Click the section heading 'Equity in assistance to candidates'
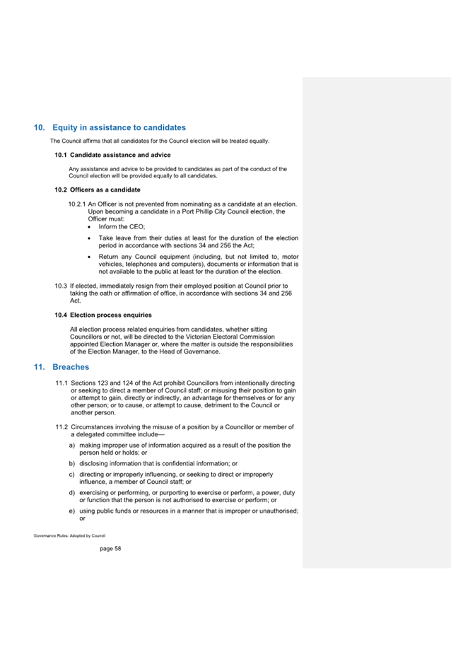pos(119,128)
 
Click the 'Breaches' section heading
pos(71,367)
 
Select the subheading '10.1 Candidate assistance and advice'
pos(112,154)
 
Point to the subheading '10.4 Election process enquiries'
pos(103,315)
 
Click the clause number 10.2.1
pos(76,204)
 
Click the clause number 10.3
pos(61,286)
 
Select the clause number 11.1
pos(61,383)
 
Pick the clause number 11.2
pos(61,427)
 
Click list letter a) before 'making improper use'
pos(72,446)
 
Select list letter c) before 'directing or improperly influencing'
pos(72,474)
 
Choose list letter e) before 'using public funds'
pos(72,511)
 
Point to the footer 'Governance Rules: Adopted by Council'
pos(69,535)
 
